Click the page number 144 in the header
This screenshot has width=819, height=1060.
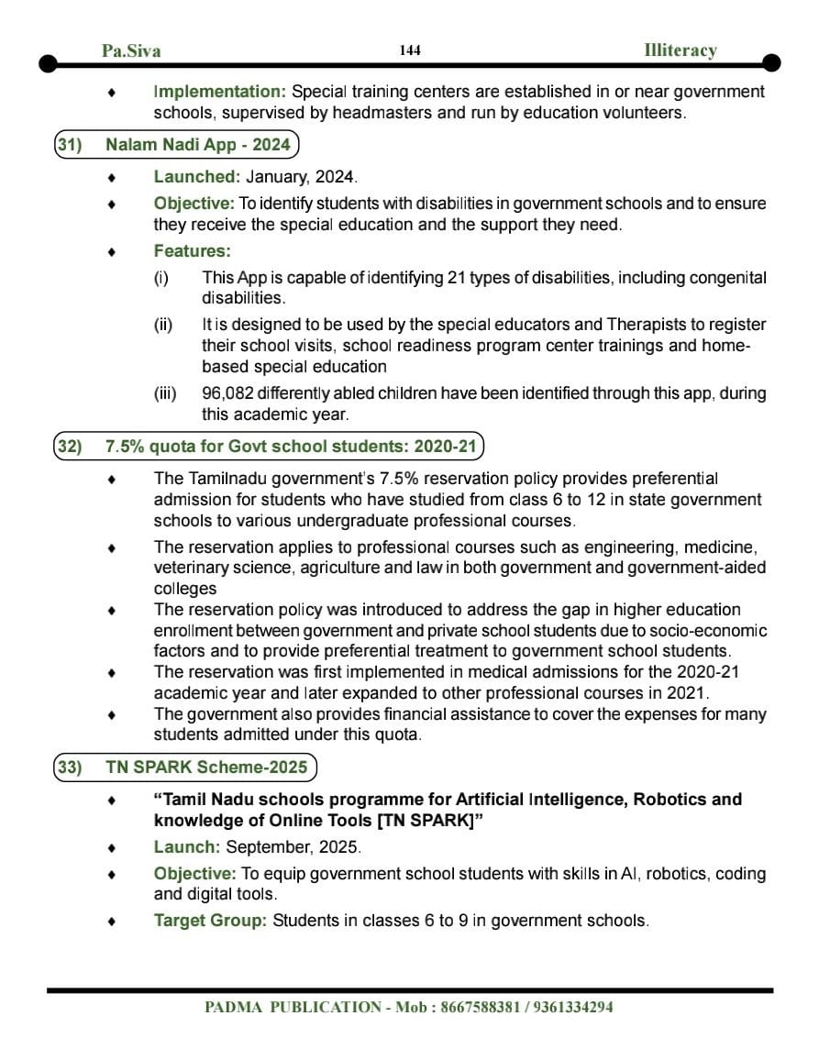410,50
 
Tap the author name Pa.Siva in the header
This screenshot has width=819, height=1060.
131,51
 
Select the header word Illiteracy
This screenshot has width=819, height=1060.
680,50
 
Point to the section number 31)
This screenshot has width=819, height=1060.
70,145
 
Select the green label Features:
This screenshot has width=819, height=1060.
192,250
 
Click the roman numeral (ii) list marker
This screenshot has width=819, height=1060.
164,325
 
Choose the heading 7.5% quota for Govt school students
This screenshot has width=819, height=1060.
291,447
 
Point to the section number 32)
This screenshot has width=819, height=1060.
70,447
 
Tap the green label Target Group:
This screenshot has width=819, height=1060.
210,920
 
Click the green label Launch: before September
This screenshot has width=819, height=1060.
186,847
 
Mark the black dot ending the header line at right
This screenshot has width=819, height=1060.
771,63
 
